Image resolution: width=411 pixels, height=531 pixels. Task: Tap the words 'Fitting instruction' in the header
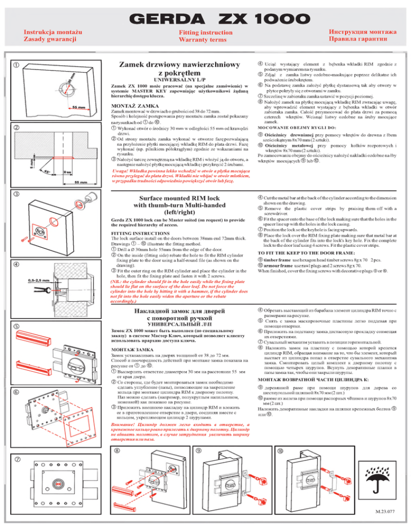205,33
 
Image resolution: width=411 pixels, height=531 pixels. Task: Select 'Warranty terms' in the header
205,41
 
